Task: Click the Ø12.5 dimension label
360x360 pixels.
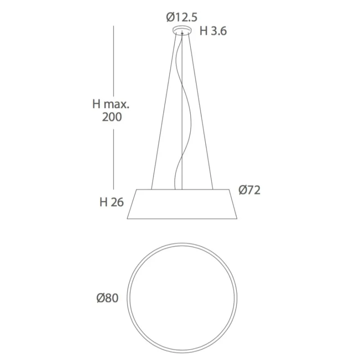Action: (x=182, y=18)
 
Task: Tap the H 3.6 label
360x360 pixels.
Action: (x=213, y=31)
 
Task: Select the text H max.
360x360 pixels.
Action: (x=111, y=104)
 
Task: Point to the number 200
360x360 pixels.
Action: (x=112, y=117)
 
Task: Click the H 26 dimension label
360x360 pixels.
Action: (x=112, y=202)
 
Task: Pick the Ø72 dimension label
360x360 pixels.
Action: (x=249, y=190)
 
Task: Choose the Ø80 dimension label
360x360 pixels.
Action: (x=108, y=298)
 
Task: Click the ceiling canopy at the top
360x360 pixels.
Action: (x=182, y=31)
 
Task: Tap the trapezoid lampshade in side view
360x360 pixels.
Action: (x=182, y=204)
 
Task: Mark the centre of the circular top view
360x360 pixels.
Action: (x=182, y=298)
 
